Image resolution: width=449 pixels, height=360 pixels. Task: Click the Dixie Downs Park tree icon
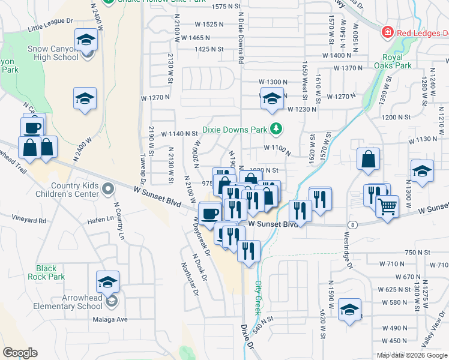click(276, 128)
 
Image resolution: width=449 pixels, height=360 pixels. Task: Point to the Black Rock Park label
click(46, 272)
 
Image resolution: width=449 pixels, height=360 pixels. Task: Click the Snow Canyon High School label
click(53, 53)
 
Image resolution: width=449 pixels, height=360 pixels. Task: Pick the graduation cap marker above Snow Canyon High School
click(86, 41)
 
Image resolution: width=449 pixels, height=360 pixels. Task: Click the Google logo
click(20, 353)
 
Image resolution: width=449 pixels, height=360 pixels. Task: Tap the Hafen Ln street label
click(101, 218)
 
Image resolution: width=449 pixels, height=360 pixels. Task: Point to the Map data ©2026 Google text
click(411, 355)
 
